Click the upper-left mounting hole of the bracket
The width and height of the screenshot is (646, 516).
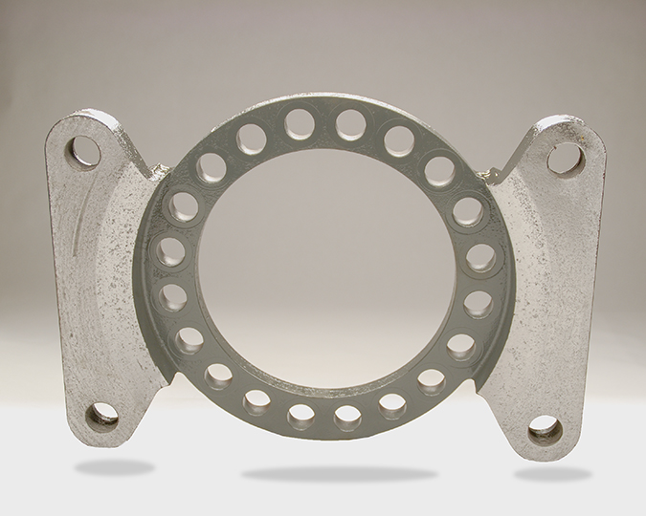coord(84,151)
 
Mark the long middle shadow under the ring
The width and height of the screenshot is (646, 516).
coord(325,473)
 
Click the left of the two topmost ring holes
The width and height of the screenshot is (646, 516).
coord(299,123)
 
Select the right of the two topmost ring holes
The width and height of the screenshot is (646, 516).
coord(350,124)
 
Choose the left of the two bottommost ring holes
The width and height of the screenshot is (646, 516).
coord(301,416)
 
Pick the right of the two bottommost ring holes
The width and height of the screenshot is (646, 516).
coord(346,418)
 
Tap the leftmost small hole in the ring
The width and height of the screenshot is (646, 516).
coord(169,252)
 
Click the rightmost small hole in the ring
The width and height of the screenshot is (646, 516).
coord(481,258)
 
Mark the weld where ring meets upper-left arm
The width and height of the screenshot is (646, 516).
coord(153,173)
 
